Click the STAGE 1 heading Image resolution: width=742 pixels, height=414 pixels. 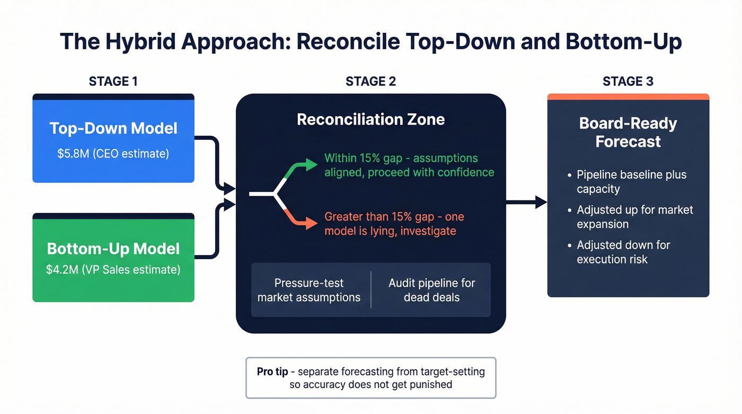pos(113,81)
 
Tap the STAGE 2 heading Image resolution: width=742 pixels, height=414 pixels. pos(370,81)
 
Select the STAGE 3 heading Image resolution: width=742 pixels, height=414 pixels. pos(628,81)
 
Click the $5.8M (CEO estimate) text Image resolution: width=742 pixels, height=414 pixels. pos(113,154)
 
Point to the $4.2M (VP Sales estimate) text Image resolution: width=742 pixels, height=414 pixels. pos(113,269)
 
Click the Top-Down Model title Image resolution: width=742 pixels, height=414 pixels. pos(113,128)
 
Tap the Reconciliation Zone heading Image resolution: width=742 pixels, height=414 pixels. pos(370,119)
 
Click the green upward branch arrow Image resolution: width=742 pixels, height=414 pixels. pos(299,169)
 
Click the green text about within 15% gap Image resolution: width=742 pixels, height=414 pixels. pos(409,165)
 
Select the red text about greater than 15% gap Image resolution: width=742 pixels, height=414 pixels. pos(395,224)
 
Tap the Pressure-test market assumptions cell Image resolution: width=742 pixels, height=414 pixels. pos(309,290)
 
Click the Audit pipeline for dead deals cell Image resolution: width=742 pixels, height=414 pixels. pos(431,290)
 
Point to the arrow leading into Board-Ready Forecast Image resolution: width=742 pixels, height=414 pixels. pos(526,201)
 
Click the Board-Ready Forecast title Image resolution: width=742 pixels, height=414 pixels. pos(628,133)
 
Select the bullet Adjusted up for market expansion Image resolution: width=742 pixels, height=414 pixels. pos(634,217)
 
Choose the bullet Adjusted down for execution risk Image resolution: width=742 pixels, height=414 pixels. pos(623,252)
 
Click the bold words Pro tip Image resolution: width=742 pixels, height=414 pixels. pos(272,372)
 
